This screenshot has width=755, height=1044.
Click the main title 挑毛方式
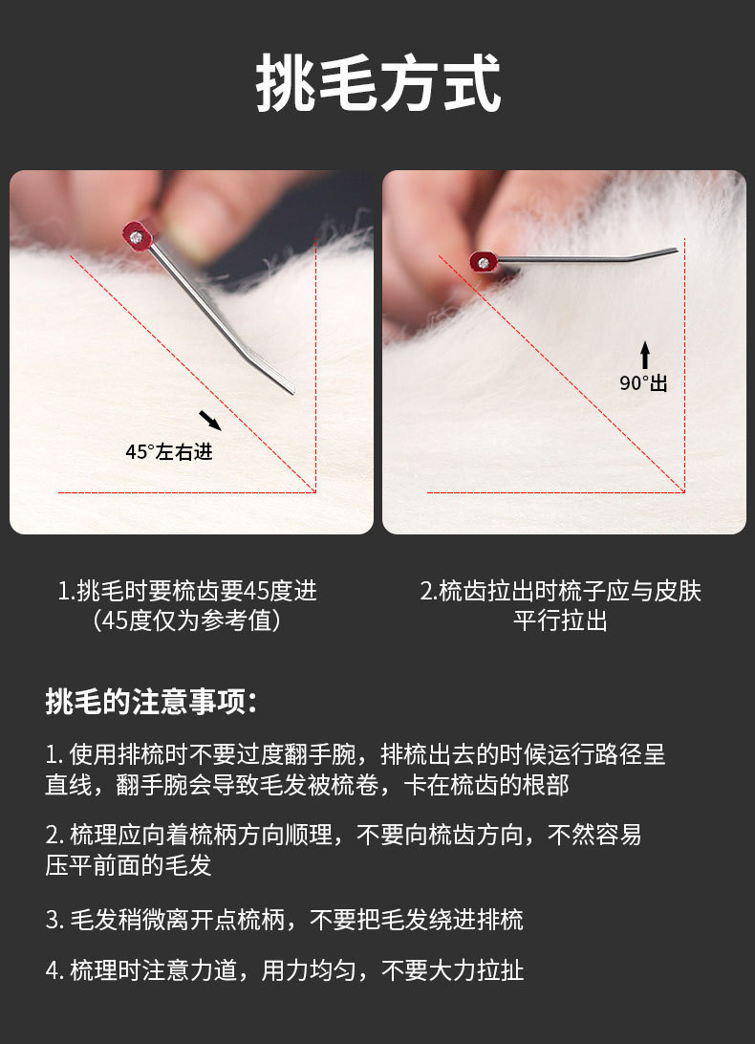[377, 83]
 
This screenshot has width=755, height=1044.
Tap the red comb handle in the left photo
[138, 235]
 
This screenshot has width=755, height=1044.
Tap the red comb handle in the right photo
[484, 262]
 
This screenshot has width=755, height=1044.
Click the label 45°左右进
[169, 452]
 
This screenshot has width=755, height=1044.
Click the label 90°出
[643, 382]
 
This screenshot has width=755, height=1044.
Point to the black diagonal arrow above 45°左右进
[209, 420]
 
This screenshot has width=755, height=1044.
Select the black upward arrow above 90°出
[644, 355]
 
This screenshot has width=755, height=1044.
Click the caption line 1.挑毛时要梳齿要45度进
[187, 591]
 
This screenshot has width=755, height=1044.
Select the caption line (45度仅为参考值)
[187, 620]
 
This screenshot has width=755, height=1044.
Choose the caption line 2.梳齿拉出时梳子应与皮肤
[561, 591]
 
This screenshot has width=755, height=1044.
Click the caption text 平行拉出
[561, 620]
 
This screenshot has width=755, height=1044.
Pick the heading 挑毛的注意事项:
[151, 701]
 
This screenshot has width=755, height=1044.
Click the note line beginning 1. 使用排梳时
[356, 754]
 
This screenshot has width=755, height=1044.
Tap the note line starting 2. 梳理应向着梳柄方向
[343, 835]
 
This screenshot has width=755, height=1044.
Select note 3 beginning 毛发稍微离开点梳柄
[284, 920]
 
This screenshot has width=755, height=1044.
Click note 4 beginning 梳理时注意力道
[284, 970]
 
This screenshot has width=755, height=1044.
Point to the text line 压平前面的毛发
[128, 865]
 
